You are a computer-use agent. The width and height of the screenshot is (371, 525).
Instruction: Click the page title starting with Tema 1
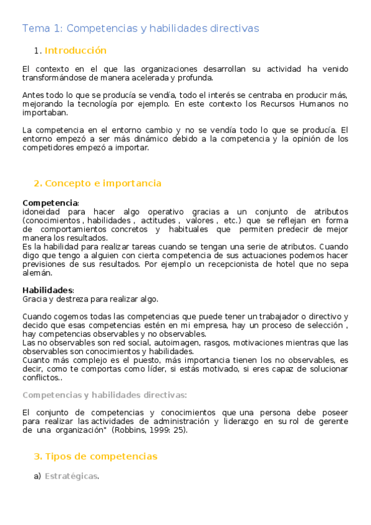(141, 28)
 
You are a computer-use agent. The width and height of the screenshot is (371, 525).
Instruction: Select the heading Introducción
(75, 51)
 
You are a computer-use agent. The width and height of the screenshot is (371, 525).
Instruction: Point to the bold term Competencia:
(51, 203)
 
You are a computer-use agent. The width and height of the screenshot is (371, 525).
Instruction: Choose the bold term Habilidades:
(48, 290)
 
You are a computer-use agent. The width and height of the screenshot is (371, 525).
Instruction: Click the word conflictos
(40, 378)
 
